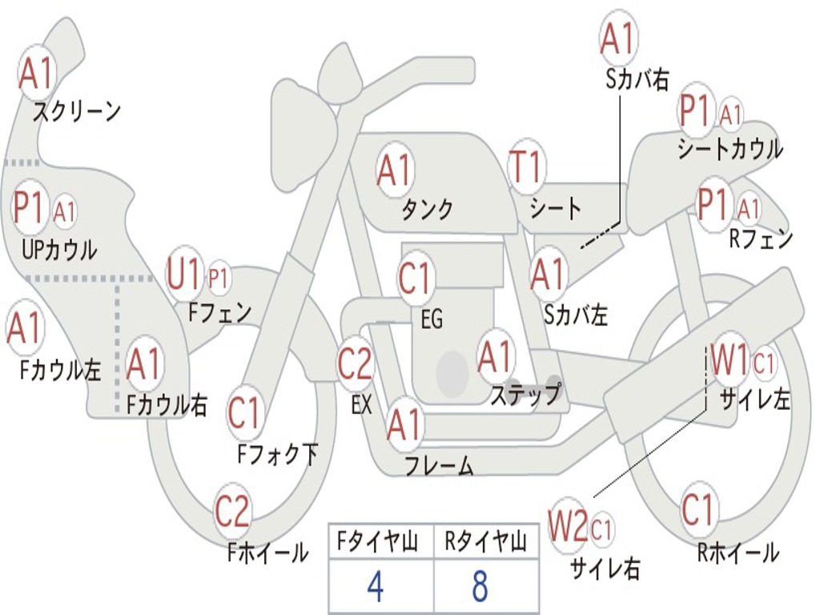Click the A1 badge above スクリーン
click(x=37, y=74)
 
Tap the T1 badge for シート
click(x=526, y=167)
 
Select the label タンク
click(x=427, y=209)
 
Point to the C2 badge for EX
click(x=355, y=364)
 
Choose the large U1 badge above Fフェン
click(x=183, y=275)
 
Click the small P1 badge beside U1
click(x=218, y=279)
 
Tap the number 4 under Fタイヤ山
click(x=375, y=587)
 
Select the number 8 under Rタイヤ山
click(x=480, y=587)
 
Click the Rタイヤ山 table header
click(x=485, y=543)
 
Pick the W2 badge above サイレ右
click(x=569, y=526)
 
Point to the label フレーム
click(x=439, y=465)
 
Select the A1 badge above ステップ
click(x=495, y=357)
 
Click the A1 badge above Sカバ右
click(x=618, y=38)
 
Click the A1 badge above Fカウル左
click(x=24, y=328)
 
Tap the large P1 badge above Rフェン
click(x=715, y=203)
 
